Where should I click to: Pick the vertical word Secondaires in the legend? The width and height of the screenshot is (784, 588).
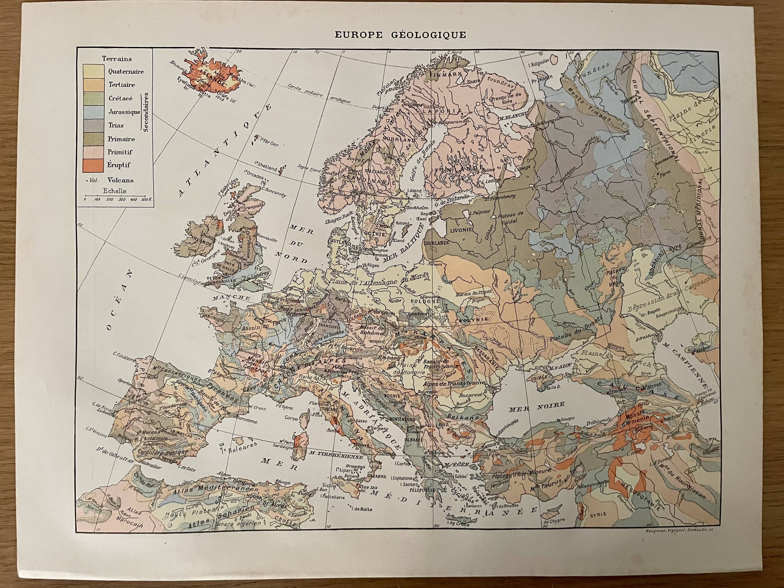146,112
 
